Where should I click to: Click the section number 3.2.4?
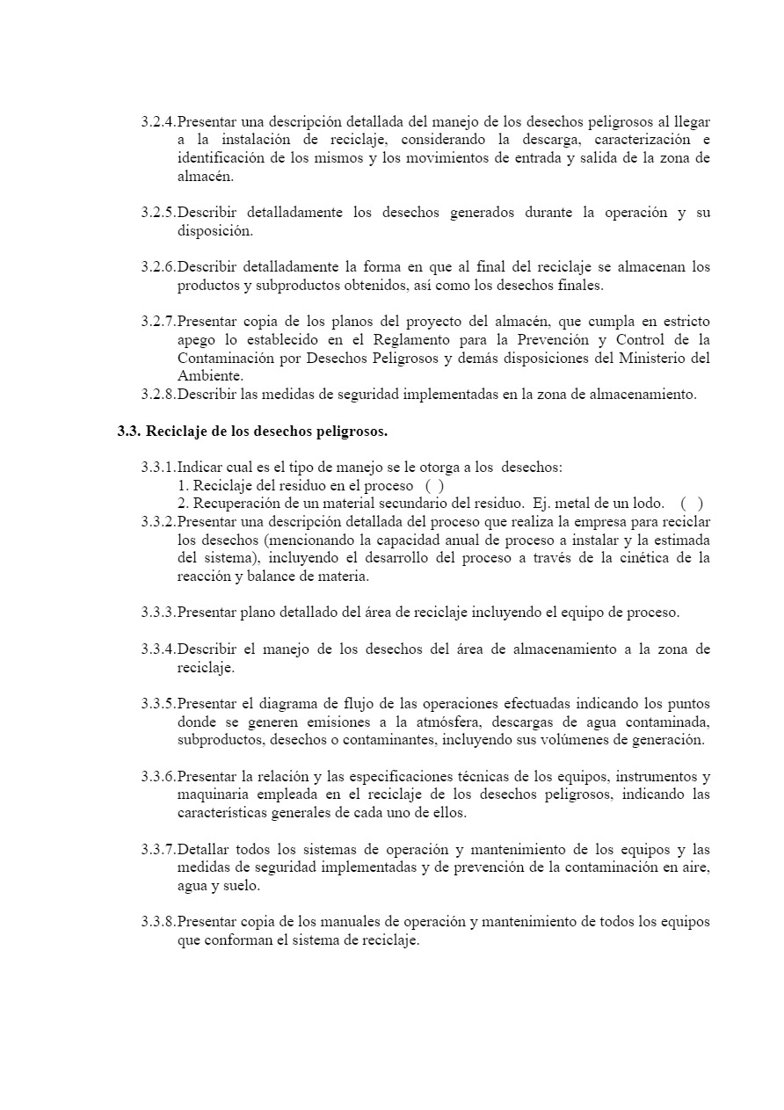pos(158,121)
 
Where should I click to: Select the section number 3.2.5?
pos(158,213)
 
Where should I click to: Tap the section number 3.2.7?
pos(158,322)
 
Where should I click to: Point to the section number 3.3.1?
pos(158,467)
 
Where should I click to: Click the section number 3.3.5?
pos(158,704)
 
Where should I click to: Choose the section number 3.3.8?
pos(158,922)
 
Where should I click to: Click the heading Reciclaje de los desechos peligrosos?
pos(266,432)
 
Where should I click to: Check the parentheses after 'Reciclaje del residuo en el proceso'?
pos(434,485)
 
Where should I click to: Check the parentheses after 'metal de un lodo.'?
pos(691,504)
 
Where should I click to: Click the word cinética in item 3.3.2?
pos(625,558)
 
